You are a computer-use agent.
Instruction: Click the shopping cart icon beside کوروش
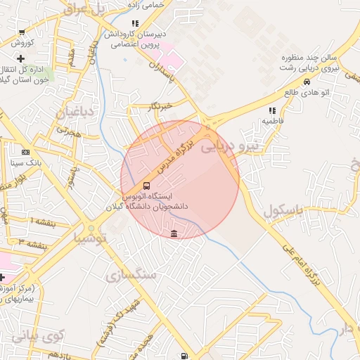22,32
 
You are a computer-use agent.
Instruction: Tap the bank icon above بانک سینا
26,151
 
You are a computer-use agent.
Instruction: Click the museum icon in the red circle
174,233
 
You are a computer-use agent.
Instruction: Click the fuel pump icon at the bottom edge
184,356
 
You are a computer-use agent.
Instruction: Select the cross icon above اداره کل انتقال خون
20,58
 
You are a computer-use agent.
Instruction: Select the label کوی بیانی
37,336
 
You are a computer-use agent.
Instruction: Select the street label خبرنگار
160,106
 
